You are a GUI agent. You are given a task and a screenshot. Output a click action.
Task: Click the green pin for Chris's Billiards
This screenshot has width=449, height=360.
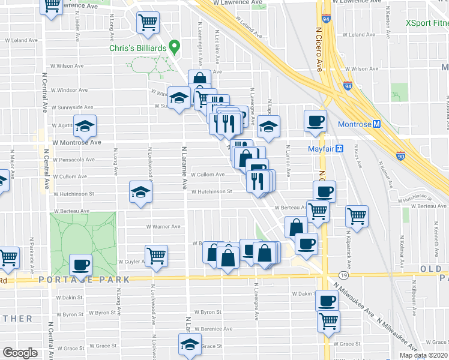[x=175, y=46]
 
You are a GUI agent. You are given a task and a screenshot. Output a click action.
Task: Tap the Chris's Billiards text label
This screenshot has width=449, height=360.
[x=138, y=49]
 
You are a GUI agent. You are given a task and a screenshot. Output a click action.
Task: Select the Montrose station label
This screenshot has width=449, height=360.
[x=355, y=124]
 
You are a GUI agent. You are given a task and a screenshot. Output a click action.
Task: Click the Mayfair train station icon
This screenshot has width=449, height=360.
[x=339, y=148]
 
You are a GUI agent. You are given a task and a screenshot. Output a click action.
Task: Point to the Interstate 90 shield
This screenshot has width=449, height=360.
[x=400, y=156]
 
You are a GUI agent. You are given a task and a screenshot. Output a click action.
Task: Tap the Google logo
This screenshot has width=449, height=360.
[x=20, y=353]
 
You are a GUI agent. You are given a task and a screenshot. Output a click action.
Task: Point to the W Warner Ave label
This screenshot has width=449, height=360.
[x=163, y=227]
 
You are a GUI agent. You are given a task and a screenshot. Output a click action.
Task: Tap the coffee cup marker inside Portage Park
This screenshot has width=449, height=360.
[x=81, y=265]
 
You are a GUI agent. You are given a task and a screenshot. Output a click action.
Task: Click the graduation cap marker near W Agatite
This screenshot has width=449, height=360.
[x=85, y=126]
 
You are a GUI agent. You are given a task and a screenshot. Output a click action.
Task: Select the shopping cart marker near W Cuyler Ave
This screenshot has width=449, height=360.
[x=156, y=256]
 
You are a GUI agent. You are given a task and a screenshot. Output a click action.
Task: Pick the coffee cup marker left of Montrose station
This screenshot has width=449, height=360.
[x=315, y=122]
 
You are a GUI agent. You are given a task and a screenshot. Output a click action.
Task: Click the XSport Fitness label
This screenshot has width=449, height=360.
[x=427, y=23]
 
